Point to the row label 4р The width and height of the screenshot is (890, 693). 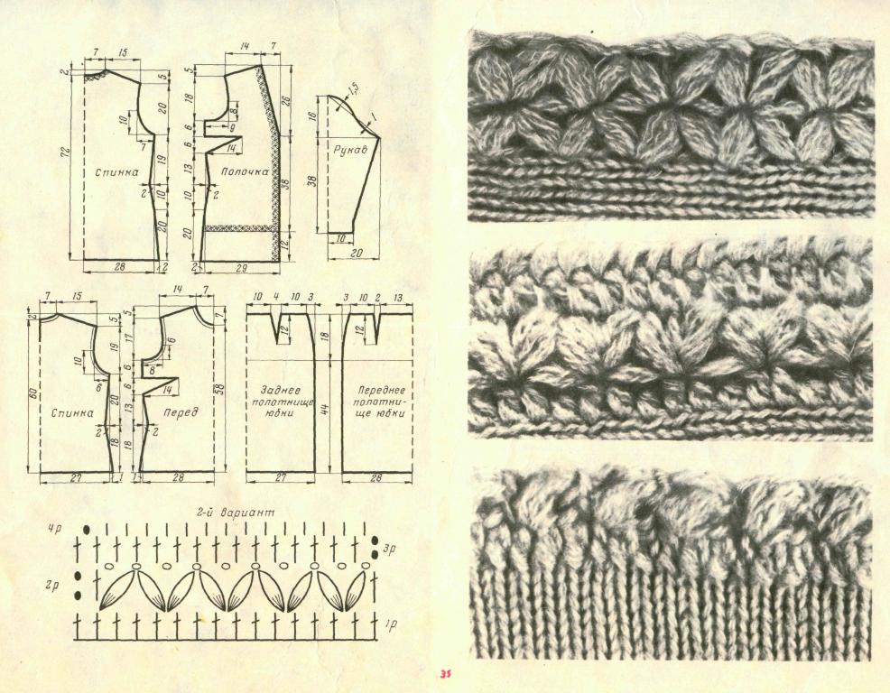point(54,530)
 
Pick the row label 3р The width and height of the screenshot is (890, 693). point(389,549)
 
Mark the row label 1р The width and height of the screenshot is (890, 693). point(390,624)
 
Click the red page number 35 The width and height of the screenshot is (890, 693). point(444,675)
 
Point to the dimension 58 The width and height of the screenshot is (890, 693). point(221,390)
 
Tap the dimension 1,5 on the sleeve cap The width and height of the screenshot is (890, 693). point(351,89)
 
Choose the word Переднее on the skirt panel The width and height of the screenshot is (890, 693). point(375,391)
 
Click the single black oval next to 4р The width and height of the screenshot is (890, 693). point(87,529)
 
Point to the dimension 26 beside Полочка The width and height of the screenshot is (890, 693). point(287,102)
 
